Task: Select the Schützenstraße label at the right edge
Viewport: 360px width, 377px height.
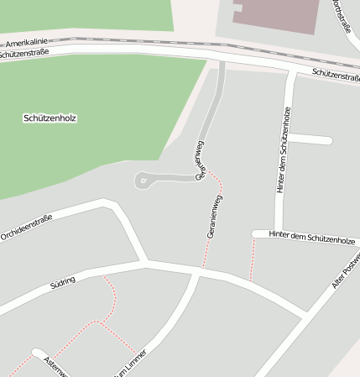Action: [336, 75]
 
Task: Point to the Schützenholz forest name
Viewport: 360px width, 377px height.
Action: [50, 118]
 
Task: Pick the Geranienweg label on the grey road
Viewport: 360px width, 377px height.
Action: [201, 160]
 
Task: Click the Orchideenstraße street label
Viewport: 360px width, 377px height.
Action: [27, 228]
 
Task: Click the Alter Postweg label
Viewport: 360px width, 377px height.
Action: [347, 270]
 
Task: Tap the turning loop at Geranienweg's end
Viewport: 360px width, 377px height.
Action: [143, 179]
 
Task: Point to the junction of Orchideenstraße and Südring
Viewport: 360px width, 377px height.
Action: [145, 263]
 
